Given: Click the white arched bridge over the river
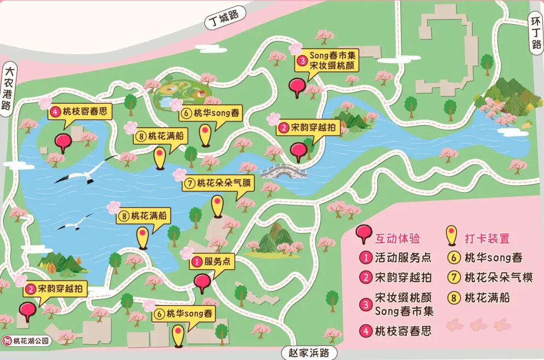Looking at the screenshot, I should (x=282, y=172).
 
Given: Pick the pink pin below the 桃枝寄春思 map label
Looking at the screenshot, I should (x=63, y=142).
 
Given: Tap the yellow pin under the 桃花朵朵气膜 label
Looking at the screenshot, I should (x=218, y=205).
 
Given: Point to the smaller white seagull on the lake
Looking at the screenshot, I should (x=76, y=222).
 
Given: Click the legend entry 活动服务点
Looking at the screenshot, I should (x=396, y=258).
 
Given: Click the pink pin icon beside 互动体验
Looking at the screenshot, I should (x=363, y=235).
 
